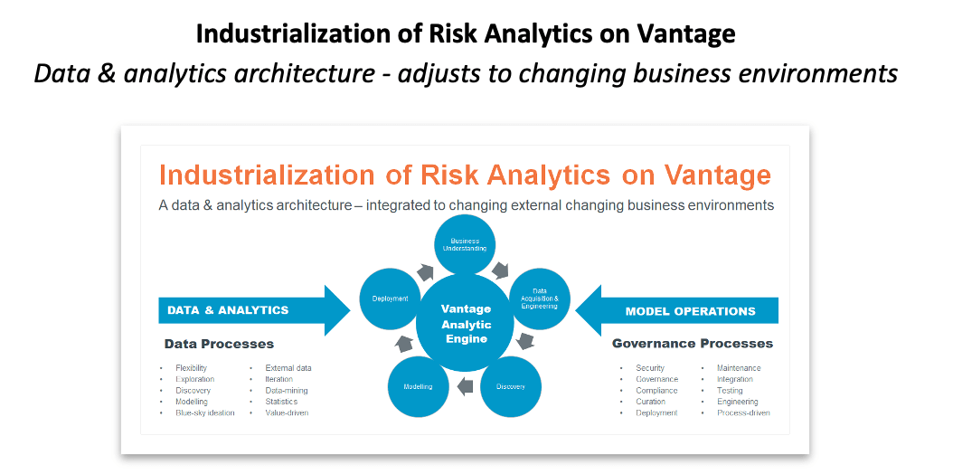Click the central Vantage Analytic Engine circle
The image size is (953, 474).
(466, 324)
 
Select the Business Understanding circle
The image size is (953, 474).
(465, 245)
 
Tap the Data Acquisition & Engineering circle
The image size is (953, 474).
(539, 299)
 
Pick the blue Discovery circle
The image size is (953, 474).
(510, 386)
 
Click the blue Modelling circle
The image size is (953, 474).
(418, 386)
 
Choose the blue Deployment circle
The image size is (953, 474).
(390, 299)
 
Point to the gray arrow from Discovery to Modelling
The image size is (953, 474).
(465, 387)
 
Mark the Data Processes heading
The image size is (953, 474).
(219, 344)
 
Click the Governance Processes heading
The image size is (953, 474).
(692, 344)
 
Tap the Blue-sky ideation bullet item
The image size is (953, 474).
(205, 412)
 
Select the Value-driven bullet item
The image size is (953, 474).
(287, 412)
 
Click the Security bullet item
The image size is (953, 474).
(650, 368)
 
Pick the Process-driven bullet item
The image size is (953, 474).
(743, 412)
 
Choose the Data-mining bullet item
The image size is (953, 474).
(287, 391)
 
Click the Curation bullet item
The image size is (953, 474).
(650, 402)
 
